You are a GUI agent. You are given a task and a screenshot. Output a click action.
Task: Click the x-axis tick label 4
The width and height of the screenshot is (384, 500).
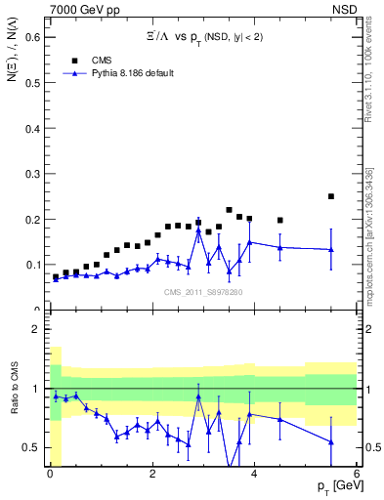click(x=254, y=475)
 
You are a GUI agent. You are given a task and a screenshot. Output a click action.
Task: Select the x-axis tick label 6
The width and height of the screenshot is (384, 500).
click(x=356, y=475)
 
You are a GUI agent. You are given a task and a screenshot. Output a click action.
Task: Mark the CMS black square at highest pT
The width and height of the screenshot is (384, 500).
click(x=331, y=196)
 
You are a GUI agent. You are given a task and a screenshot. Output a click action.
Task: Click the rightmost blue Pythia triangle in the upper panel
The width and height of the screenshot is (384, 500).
click(x=331, y=250)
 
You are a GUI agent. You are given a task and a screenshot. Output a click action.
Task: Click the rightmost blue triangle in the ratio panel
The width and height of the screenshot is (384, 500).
click(x=331, y=442)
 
